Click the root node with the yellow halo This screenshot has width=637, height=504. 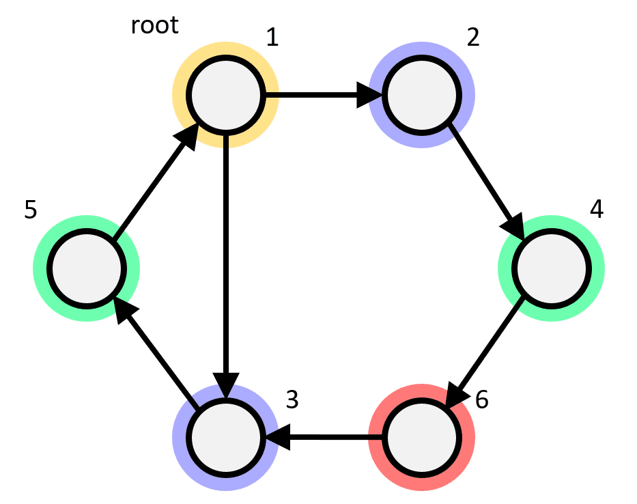point(225,95)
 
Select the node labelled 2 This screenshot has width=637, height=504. point(422,95)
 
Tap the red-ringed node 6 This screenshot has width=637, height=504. point(422,437)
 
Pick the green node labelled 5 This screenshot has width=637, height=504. point(87,268)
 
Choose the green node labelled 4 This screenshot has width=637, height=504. point(551,268)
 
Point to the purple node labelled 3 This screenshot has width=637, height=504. point(225,437)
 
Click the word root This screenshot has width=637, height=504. point(155,25)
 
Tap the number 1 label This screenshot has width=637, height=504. point(272,37)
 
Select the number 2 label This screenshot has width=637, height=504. point(473,37)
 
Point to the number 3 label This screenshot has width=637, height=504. point(292,400)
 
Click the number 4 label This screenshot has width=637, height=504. point(596,209)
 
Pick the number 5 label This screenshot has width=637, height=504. point(31,210)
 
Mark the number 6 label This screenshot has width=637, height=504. point(482,400)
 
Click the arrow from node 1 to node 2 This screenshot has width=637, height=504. point(324,95)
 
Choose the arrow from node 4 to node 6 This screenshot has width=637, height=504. point(483,352)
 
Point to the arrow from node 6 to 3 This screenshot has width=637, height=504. point(324,437)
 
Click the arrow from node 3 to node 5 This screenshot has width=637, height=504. point(156,352)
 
